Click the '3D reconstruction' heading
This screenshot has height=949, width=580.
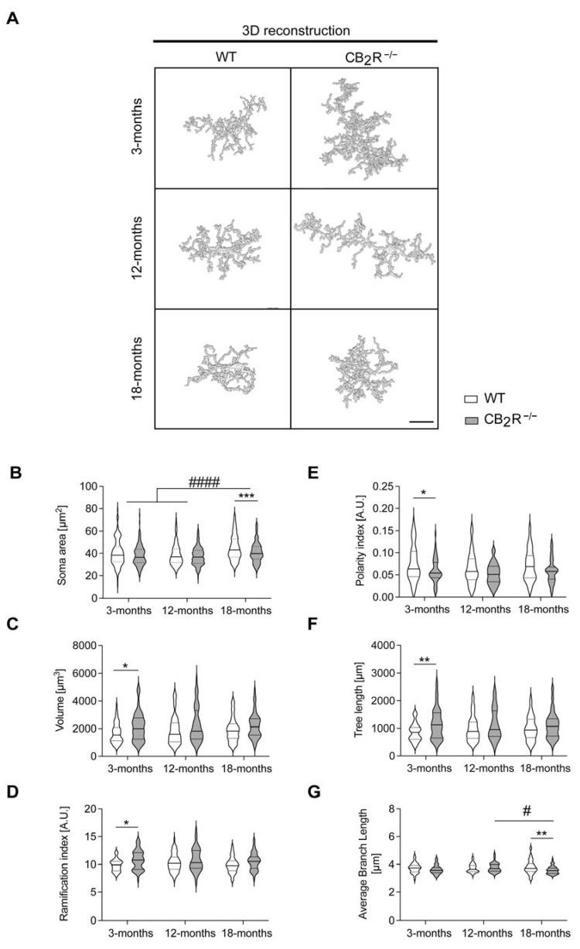coord(295,30)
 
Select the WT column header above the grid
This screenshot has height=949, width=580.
coord(223,56)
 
